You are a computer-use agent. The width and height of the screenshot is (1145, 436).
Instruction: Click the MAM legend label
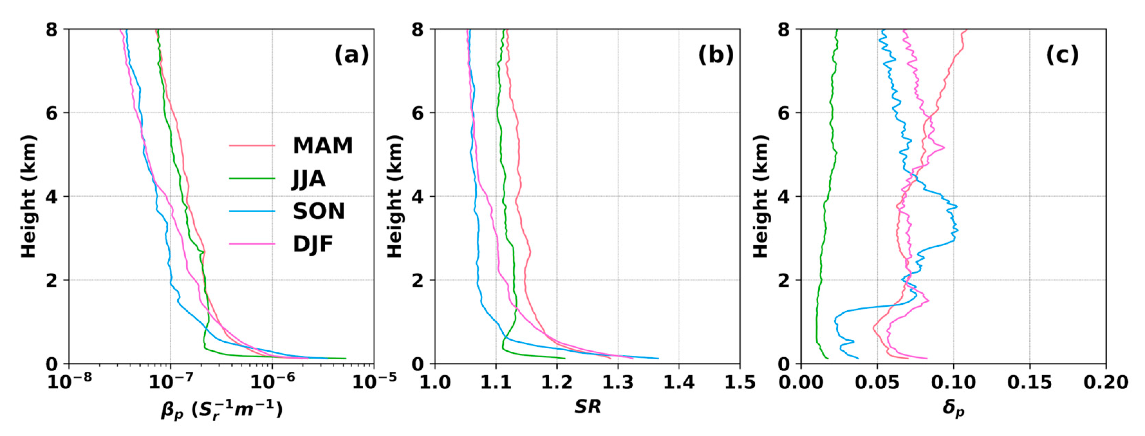point(323,146)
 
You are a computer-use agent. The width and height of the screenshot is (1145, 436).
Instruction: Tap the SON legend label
point(319,211)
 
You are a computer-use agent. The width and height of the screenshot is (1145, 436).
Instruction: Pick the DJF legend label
point(313,244)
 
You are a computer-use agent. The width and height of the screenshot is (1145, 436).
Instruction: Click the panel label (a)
point(351,55)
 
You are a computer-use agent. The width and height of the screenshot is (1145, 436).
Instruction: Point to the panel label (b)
point(716,55)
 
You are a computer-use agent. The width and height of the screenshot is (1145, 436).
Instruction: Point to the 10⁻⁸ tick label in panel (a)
point(69,381)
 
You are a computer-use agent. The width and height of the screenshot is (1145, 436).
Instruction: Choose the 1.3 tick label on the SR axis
point(618,382)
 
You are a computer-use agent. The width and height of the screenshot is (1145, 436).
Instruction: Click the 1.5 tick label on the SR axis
point(739,382)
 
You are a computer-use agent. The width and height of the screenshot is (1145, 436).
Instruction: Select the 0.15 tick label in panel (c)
point(1030,382)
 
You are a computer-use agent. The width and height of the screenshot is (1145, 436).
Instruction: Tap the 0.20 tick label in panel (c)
point(1106,382)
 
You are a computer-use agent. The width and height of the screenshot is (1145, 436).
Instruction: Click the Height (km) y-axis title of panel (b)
point(394,196)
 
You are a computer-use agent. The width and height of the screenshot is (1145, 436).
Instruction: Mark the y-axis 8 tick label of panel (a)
point(52,30)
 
